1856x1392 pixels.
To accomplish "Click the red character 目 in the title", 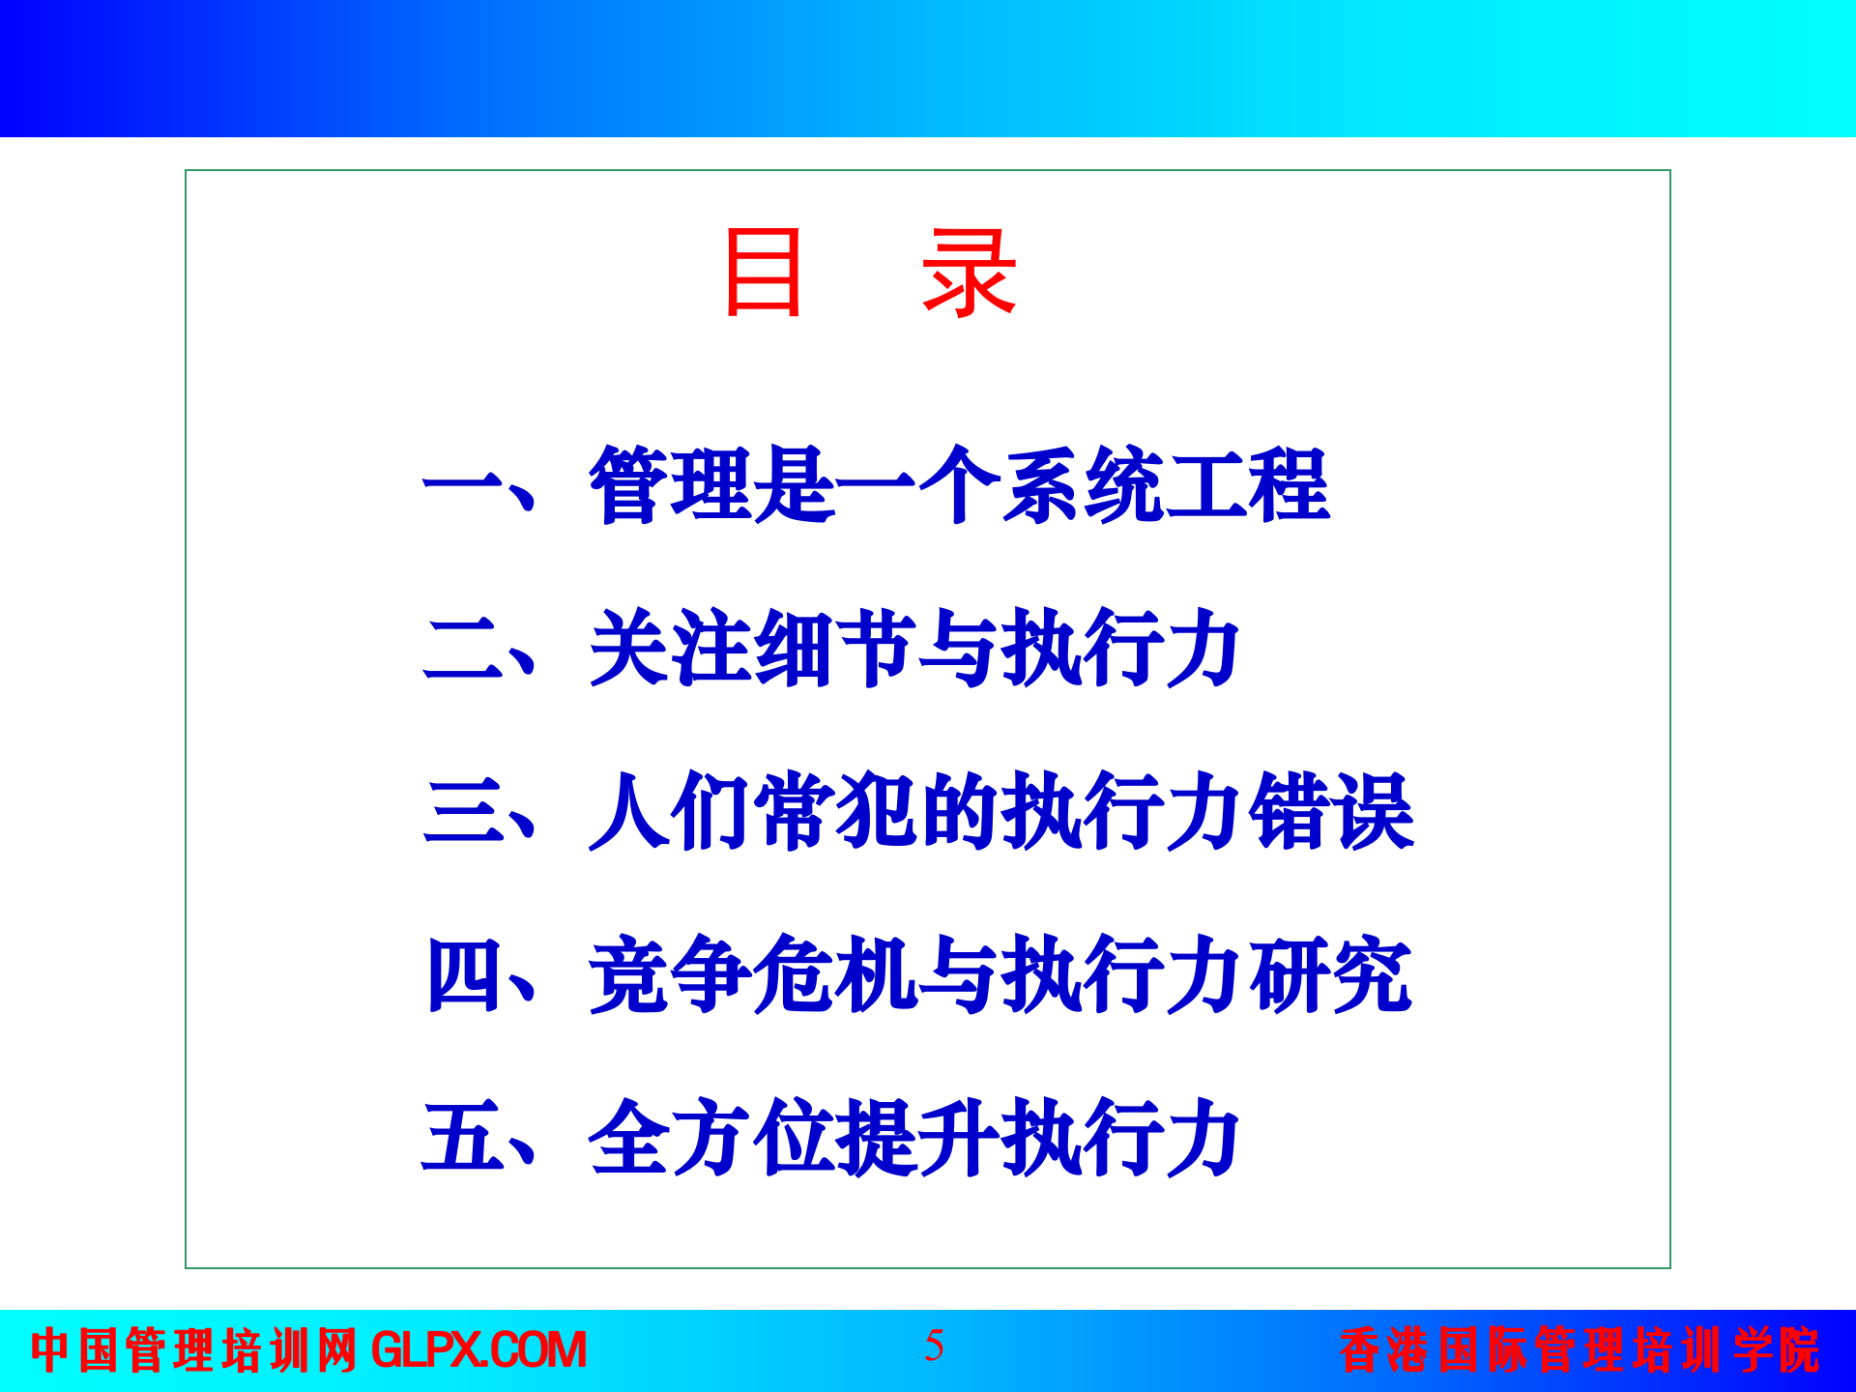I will click(764, 274).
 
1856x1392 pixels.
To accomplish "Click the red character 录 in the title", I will click(969, 274).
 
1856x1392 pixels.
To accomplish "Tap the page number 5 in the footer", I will click(934, 1346).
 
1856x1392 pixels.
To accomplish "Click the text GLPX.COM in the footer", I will click(478, 1350).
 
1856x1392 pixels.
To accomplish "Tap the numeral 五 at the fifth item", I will click(462, 1137).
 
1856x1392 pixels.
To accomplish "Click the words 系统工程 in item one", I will click(1165, 485).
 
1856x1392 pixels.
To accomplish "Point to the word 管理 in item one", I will click(671, 485).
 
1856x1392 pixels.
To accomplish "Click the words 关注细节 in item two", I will click(752, 648).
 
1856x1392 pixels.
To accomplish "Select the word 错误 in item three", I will click(1330, 810).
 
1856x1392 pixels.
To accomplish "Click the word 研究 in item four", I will click(1330, 974).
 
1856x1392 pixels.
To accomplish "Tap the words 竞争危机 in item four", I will click(752, 974).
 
